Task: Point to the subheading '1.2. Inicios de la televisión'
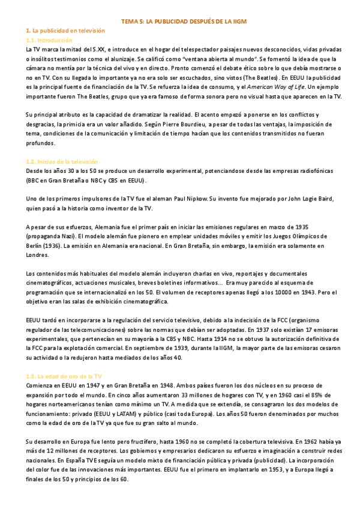(x=63, y=162)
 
